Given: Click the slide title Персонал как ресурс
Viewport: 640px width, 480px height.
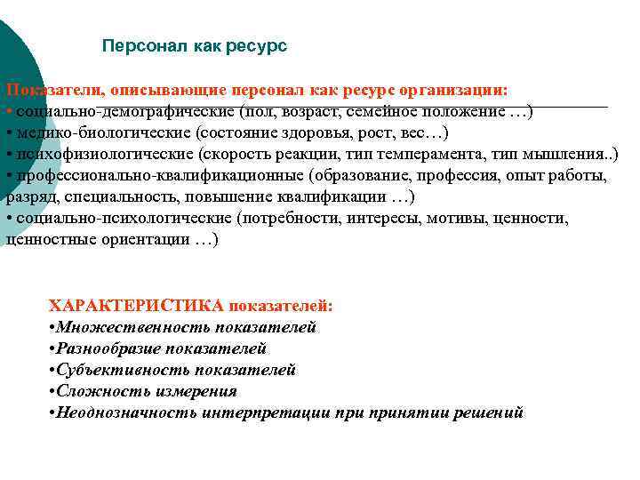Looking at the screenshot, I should [x=195, y=45].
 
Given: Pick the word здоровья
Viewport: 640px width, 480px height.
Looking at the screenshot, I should [x=322, y=134].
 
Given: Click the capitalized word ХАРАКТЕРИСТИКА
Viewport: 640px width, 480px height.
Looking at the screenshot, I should [x=136, y=306].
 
